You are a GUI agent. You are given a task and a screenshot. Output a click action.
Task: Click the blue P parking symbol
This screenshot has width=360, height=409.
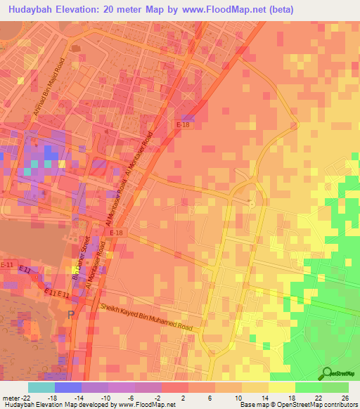pos(70,314)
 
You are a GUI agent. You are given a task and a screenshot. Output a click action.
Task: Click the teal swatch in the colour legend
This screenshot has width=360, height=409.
pos(41,387)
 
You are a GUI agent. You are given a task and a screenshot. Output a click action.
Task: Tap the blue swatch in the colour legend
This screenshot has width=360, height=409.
pos(67,387)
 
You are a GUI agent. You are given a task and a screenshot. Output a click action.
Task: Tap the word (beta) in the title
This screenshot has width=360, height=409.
pos(276,9)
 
